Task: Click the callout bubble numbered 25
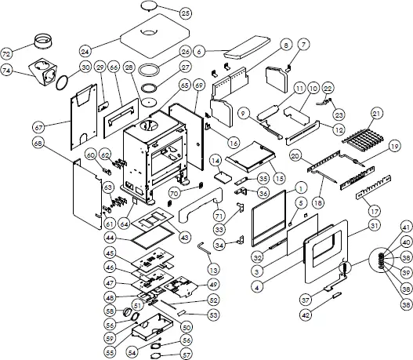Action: point(185,13)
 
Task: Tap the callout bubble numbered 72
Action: point(8,54)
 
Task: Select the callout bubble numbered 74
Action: point(8,70)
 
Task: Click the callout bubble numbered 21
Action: point(377,115)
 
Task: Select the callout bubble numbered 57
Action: point(186,354)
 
